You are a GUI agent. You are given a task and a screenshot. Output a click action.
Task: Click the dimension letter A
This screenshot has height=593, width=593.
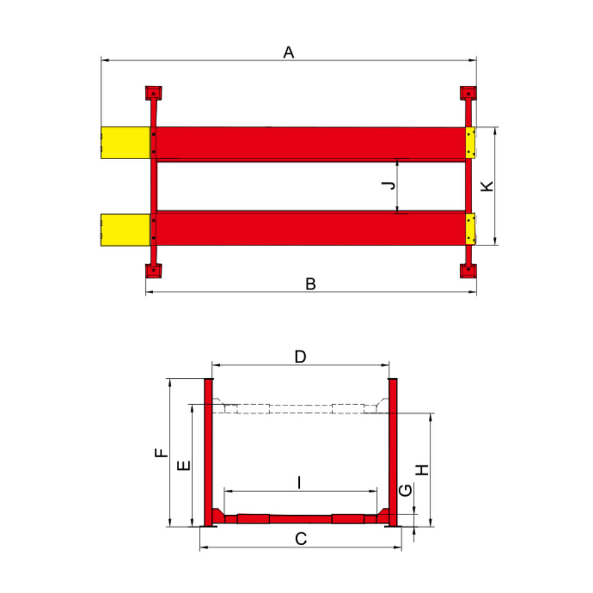289,52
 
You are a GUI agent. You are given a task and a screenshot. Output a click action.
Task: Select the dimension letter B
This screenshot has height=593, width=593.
310,284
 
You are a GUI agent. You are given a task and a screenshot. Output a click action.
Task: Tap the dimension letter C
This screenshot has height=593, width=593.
301,539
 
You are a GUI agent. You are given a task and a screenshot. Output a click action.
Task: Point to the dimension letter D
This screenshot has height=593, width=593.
300,357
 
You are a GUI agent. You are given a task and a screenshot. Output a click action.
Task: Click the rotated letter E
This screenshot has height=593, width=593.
184,466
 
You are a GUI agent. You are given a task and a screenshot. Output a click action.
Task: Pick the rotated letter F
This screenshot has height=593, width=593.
161,452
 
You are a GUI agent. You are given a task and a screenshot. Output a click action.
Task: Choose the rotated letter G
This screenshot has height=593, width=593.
405,490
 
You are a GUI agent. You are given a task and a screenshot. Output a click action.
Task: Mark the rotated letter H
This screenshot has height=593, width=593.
422,470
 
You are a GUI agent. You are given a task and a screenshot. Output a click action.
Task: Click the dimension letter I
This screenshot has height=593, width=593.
300,483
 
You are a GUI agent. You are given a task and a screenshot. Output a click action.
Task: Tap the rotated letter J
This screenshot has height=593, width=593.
388,186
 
